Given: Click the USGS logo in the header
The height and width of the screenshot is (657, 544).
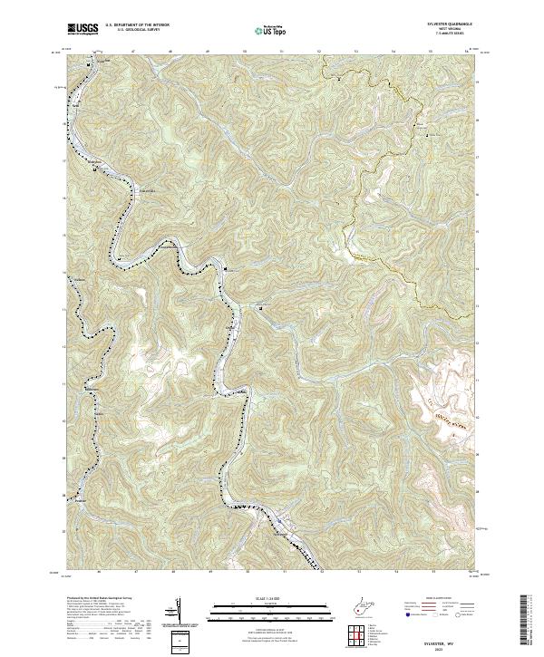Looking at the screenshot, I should [83, 30].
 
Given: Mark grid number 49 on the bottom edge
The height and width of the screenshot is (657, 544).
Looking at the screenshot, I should [209, 573].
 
